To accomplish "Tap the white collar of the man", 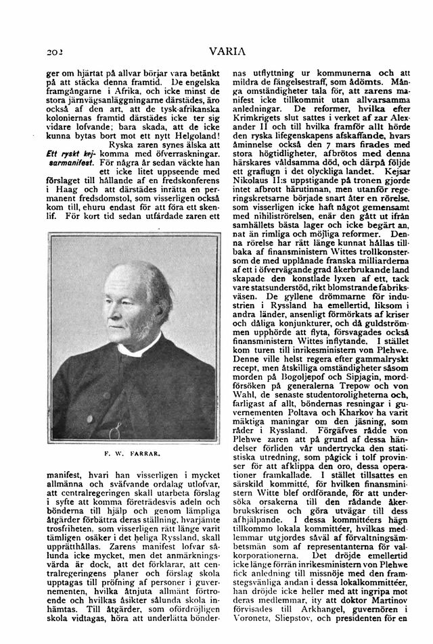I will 137,351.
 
